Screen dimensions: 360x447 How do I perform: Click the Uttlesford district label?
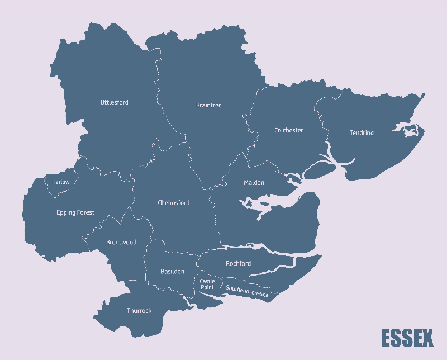point(114,102)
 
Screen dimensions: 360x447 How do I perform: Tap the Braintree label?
point(208,105)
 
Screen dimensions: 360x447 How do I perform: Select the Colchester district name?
point(288,130)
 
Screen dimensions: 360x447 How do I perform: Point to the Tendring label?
point(362,133)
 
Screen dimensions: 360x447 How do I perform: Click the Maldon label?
point(254,183)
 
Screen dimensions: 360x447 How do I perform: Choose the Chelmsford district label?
point(173,203)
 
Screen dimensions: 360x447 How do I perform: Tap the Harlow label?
point(61,182)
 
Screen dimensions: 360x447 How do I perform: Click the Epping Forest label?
point(75,212)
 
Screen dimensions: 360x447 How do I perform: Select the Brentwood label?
point(121,243)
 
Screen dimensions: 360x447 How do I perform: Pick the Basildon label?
point(172,271)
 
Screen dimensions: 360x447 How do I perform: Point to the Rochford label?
point(238,263)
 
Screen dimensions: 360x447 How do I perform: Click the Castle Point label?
point(207,285)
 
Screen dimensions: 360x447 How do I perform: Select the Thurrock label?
point(139,311)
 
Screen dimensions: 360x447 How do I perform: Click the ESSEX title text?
point(407,338)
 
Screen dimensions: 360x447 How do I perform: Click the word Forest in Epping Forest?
point(85,212)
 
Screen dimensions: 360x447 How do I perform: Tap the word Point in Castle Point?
point(207,287)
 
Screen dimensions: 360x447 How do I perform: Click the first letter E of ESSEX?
point(387,338)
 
